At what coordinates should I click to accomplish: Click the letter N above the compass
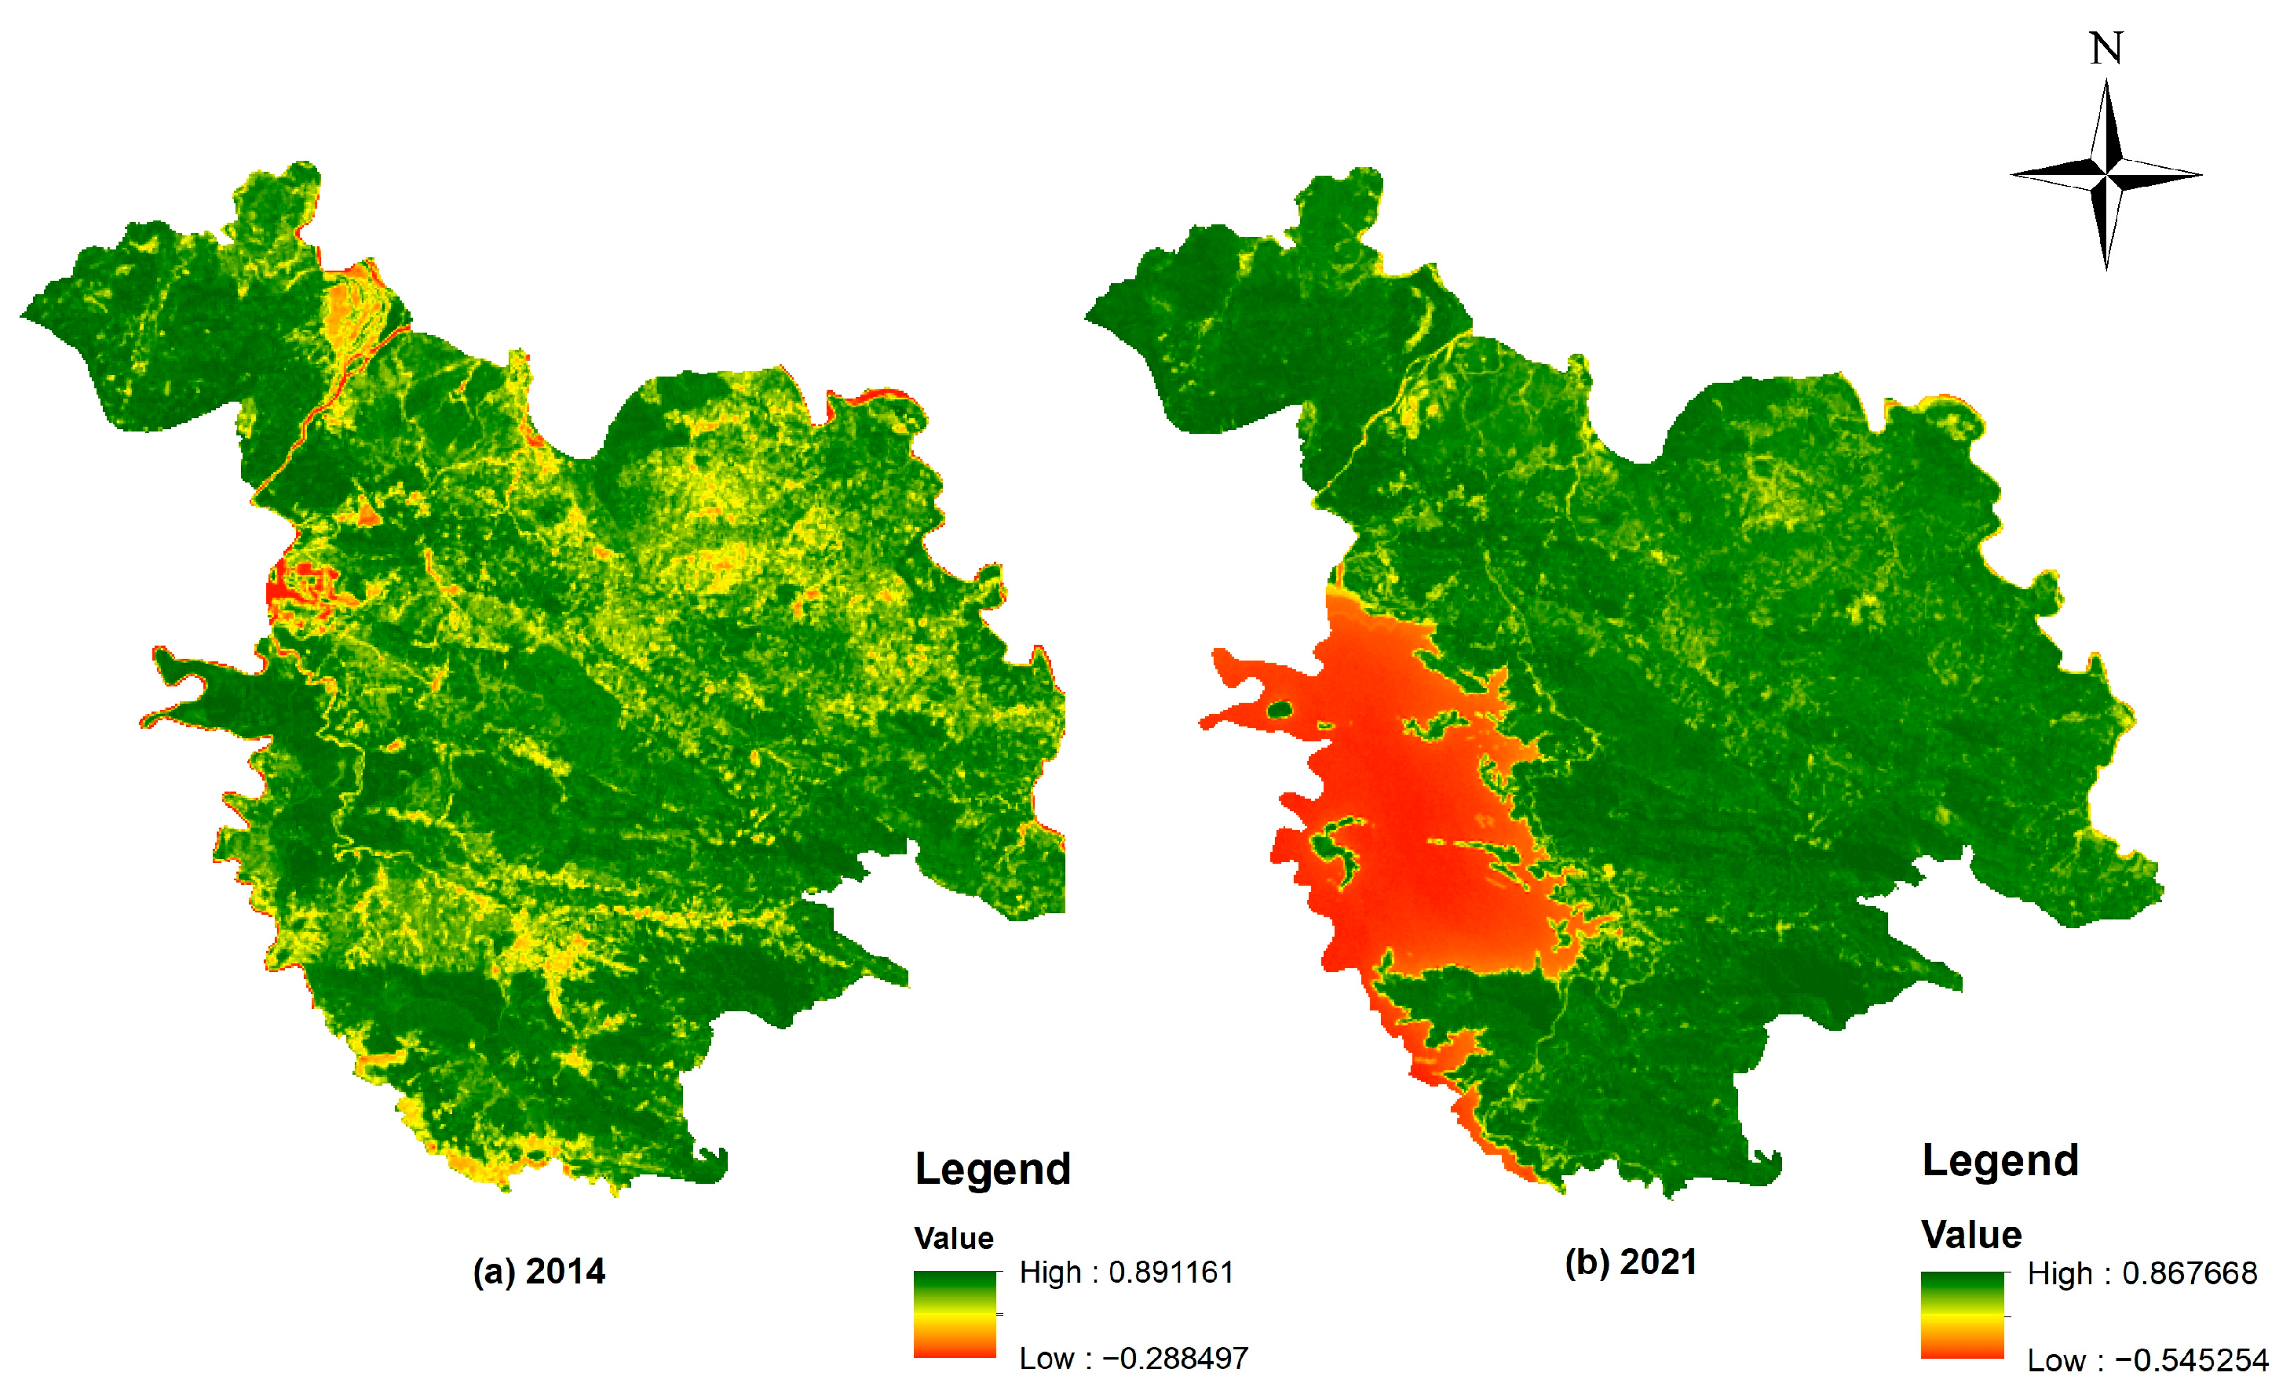point(2106,49)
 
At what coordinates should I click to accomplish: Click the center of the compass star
point(2107,173)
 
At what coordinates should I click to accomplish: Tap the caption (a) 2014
point(539,1271)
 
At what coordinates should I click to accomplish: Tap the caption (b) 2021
point(1631,1261)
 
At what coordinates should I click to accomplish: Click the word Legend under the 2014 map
point(992,1169)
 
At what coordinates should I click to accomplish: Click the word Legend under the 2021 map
point(2000,1160)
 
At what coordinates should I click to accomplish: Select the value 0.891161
point(1171,1272)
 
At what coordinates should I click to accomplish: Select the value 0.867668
point(2190,1272)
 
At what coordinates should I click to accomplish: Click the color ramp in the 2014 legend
point(955,1314)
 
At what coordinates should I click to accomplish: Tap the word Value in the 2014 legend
point(954,1238)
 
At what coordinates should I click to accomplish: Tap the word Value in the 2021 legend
point(1971,1235)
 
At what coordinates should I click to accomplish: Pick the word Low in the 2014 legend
point(1046,1358)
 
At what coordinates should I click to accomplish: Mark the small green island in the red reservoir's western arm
point(1280,711)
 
